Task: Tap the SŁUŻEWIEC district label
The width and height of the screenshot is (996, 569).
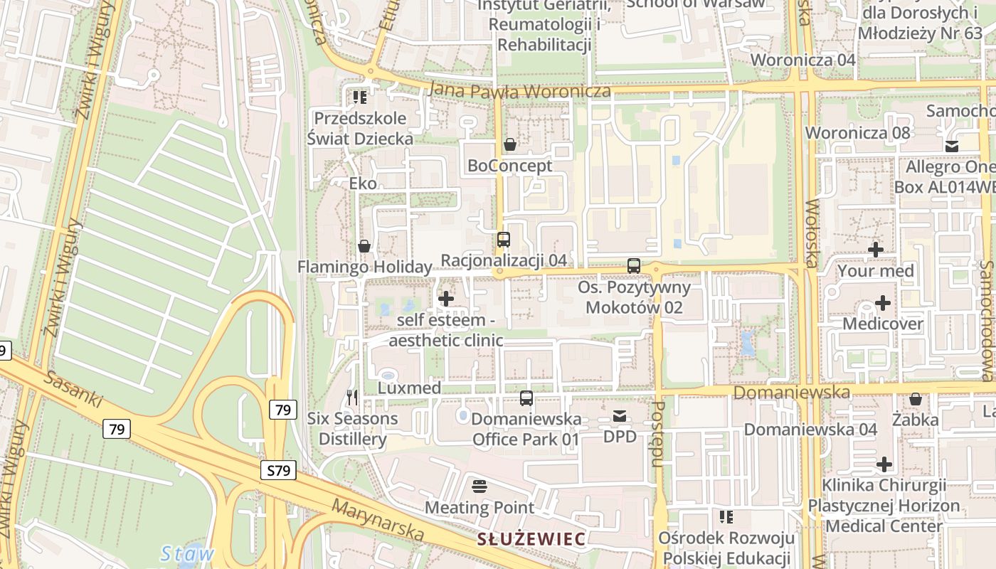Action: pos(531,539)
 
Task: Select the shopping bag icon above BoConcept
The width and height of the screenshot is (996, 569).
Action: pos(510,145)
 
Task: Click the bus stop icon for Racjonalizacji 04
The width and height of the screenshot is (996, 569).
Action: pos(504,240)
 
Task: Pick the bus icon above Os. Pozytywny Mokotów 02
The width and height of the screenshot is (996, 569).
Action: pos(634,266)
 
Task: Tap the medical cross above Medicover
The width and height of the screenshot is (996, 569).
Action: pos(882,303)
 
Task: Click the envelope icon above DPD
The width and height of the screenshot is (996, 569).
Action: pos(620,416)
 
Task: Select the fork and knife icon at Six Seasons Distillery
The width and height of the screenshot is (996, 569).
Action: pos(352,398)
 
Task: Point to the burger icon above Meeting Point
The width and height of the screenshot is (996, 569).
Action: pos(480,486)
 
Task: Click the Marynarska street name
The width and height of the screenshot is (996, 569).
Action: pos(378,520)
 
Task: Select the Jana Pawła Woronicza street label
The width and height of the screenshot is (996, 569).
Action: pos(520,91)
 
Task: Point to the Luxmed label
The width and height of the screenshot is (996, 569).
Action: pos(409,388)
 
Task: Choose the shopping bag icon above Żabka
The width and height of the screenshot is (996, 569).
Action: pos(916,399)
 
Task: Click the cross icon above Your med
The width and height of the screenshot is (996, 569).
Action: pos(876,250)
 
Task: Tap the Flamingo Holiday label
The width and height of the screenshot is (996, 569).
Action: pos(364,267)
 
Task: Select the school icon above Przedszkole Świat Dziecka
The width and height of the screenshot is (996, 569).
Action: pos(360,97)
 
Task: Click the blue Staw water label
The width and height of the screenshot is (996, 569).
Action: pos(187,554)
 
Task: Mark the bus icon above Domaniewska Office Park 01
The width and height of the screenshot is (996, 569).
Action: pos(526,398)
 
